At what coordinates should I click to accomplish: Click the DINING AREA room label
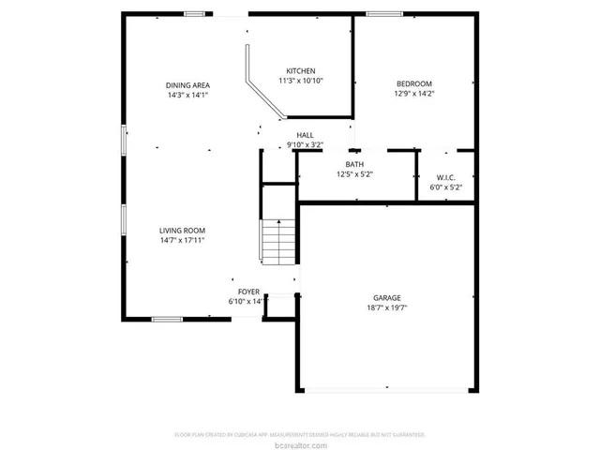click(187, 84)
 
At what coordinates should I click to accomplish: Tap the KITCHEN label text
click(300, 71)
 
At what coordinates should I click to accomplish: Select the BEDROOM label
click(413, 83)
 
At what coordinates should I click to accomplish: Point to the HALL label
click(305, 135)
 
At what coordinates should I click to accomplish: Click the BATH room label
click(354, 164)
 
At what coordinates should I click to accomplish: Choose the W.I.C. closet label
click(446, 177)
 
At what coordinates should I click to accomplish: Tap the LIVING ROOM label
click(182, 231)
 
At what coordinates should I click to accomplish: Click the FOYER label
click(248, 292)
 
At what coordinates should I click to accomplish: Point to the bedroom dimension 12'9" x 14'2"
click(413, 94)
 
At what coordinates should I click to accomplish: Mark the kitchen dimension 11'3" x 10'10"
click(300, 82)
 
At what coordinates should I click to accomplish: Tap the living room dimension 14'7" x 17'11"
click(182, 241)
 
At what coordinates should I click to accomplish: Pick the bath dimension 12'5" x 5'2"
click(354, 174)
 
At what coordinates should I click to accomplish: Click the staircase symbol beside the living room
click(277, 242)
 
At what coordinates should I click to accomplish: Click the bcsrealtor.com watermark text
click(300, 444)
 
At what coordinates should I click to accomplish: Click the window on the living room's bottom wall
click(168, 319)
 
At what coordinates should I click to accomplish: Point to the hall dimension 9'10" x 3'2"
click(305, 145)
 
